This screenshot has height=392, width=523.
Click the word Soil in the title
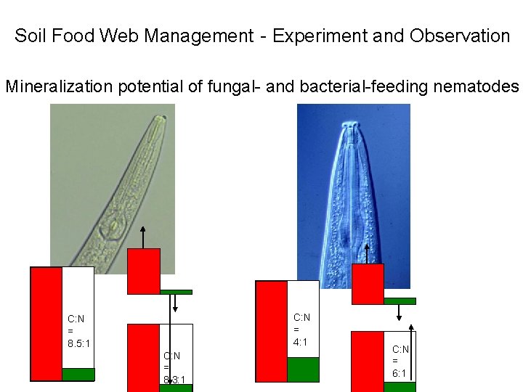(30, 36)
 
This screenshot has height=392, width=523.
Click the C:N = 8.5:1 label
(78, 330)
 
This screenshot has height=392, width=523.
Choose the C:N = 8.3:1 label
(174, 367)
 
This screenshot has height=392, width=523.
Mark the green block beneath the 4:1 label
(303, 369)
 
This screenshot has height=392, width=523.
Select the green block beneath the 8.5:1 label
(78, 375)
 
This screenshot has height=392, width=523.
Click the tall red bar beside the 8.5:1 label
(46, 323)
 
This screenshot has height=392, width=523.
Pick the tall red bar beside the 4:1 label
(272, 330)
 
